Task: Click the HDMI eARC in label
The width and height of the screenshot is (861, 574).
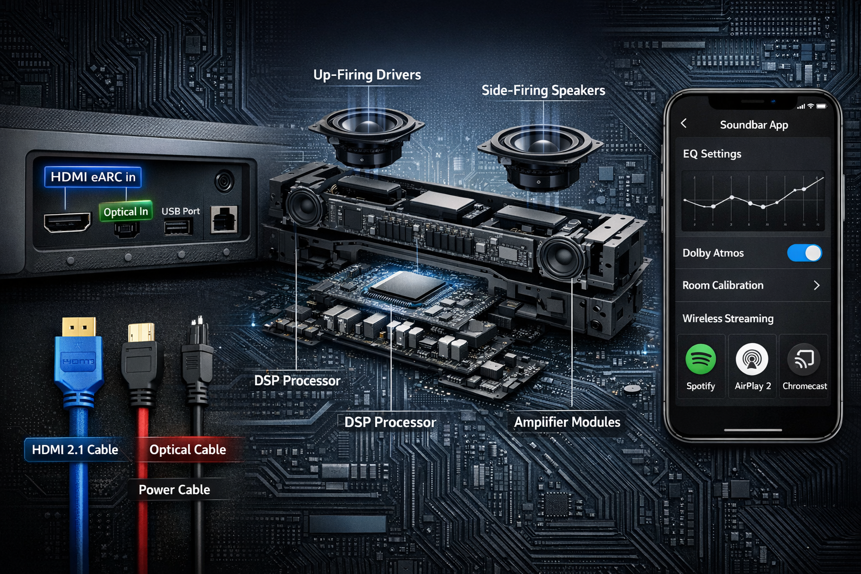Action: point(93,177)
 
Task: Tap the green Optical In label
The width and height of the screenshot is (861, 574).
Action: point(126,211)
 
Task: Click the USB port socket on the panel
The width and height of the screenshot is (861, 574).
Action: point(178,227)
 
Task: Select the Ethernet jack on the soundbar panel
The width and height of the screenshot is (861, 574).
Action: point(224,219)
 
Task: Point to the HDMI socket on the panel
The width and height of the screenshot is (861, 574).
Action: point(67,223)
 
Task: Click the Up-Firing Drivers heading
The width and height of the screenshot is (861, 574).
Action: point(367,75)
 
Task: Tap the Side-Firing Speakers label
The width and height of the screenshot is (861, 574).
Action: point(543,90)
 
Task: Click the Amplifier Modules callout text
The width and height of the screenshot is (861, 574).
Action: point(567,422)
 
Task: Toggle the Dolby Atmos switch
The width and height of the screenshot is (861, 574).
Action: point(804,253)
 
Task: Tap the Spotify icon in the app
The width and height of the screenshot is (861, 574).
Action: point(701,359)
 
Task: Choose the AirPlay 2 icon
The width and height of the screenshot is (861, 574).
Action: point(752,359)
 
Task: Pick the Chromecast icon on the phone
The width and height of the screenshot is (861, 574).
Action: point(804,359)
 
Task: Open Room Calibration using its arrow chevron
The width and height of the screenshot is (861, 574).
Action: point(817,285)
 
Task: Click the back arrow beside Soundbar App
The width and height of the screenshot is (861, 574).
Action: point(684,123)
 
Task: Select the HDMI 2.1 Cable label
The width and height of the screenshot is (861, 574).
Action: point(75,450)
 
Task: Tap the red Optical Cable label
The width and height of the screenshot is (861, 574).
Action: point(188,450)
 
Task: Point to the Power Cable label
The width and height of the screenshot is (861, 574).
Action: point(174,489)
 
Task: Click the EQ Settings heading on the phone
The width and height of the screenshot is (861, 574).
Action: point(712,154)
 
